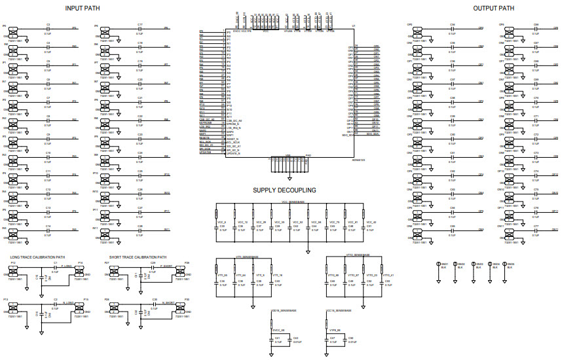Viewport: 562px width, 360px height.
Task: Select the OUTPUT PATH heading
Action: coord(494,8)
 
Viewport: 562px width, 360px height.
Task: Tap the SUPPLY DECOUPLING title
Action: coord(284,190)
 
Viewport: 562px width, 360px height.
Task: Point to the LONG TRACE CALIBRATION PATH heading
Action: coord(38,257)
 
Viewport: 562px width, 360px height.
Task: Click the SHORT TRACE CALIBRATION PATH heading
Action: coord(138,257)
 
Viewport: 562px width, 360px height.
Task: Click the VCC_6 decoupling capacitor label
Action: coord(221,222)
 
